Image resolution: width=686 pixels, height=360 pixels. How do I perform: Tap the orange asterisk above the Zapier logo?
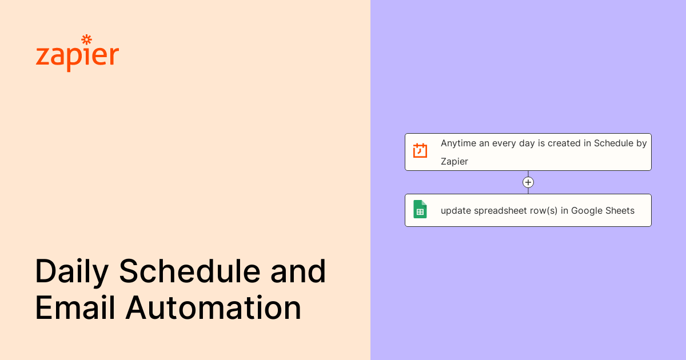(x=86, y=39)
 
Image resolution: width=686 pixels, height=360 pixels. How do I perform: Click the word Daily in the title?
(x=71, y=271)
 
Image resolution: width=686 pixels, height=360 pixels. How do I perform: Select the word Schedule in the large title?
(x=190, y=271)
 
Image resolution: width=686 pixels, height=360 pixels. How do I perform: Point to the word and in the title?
(x=298, y=271)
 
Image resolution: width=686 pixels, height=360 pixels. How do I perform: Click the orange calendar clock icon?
(x=420, y=151)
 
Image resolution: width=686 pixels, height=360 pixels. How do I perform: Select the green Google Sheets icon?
(x=420, y=209)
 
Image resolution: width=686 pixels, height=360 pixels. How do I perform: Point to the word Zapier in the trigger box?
(x=454, y=162)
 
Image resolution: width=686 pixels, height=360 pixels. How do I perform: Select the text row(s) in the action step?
(x=544, y=211)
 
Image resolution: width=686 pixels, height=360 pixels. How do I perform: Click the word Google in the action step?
(x=586, y=211)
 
